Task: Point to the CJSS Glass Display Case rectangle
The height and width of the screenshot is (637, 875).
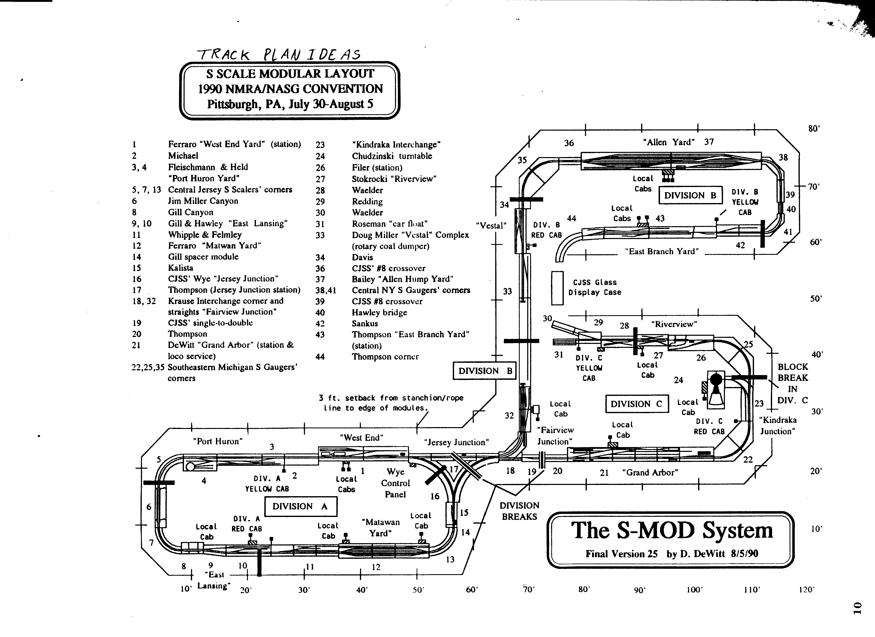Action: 557,288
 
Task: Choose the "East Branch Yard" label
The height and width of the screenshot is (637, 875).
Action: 662,251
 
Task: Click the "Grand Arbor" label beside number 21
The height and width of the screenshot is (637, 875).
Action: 650,472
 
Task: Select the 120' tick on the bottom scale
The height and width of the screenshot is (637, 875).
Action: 806,590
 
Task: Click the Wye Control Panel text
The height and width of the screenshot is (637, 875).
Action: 395,483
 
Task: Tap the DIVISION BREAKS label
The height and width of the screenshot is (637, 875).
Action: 519,511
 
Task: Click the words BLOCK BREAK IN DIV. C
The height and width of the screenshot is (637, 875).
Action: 792,383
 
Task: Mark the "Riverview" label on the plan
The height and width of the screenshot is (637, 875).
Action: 674,324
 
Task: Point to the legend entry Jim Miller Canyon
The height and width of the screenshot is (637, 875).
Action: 203,201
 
